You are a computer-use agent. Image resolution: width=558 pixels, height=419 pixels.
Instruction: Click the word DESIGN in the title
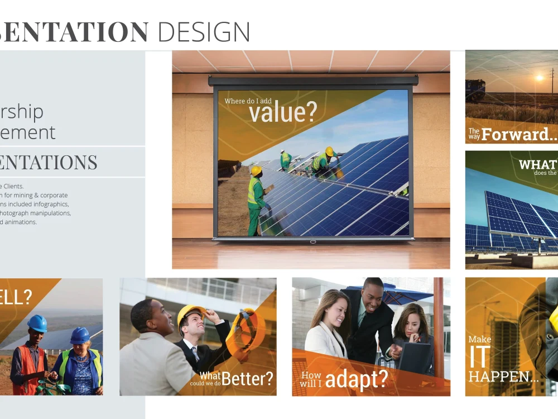[x=204, y=32]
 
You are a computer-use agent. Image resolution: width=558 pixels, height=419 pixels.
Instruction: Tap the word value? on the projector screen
[x=282, y=112]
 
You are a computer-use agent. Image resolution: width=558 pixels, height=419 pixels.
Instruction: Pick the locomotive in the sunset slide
[x=475, y=89]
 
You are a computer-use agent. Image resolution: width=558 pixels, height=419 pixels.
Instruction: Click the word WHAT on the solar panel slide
[x=537, y=164]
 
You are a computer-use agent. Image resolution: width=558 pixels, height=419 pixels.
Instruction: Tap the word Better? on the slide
[x=248, y=378]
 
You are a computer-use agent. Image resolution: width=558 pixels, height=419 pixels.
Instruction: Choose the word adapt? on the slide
[x=356, y=379]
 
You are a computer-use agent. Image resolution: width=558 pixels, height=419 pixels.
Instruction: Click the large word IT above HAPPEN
[x=480, y=358]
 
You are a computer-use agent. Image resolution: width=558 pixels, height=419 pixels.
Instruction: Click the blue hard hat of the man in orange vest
[x=37, y=323]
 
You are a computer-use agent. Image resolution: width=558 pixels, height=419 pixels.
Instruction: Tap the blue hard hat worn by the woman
[x=80, y=335]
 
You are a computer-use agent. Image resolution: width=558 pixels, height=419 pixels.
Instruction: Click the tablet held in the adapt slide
[x=414, y=358]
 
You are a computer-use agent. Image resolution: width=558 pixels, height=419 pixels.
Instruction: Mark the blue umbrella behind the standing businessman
[x=402, y=293]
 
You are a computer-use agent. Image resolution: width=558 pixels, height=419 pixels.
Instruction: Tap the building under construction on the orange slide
[x=504, y=335]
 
